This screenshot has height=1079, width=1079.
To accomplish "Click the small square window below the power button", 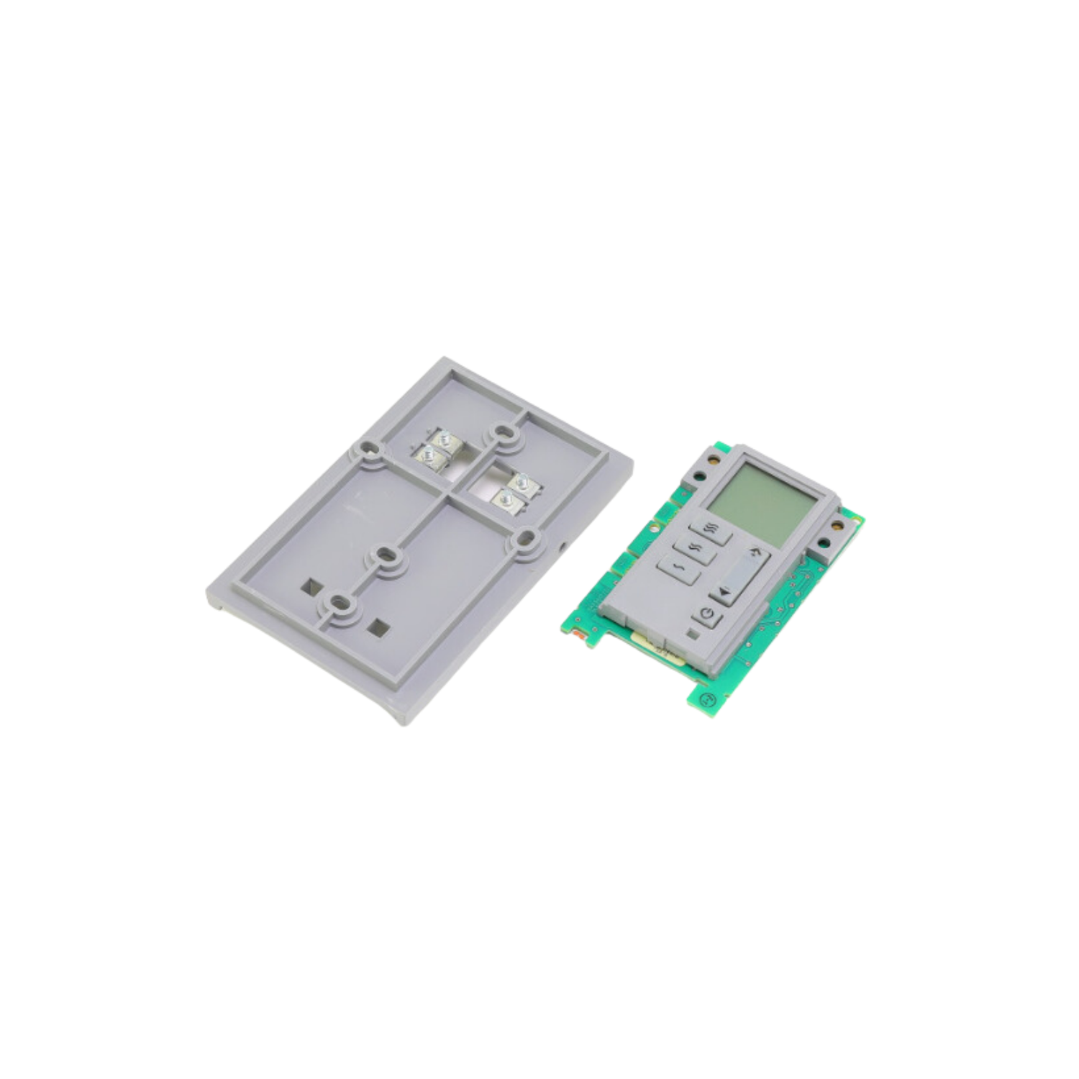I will [692, 634].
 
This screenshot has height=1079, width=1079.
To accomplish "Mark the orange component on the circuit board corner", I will [578, 636].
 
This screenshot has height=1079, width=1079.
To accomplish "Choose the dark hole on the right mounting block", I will [836, 524].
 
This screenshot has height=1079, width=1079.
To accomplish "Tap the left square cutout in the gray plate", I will [311, 586].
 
